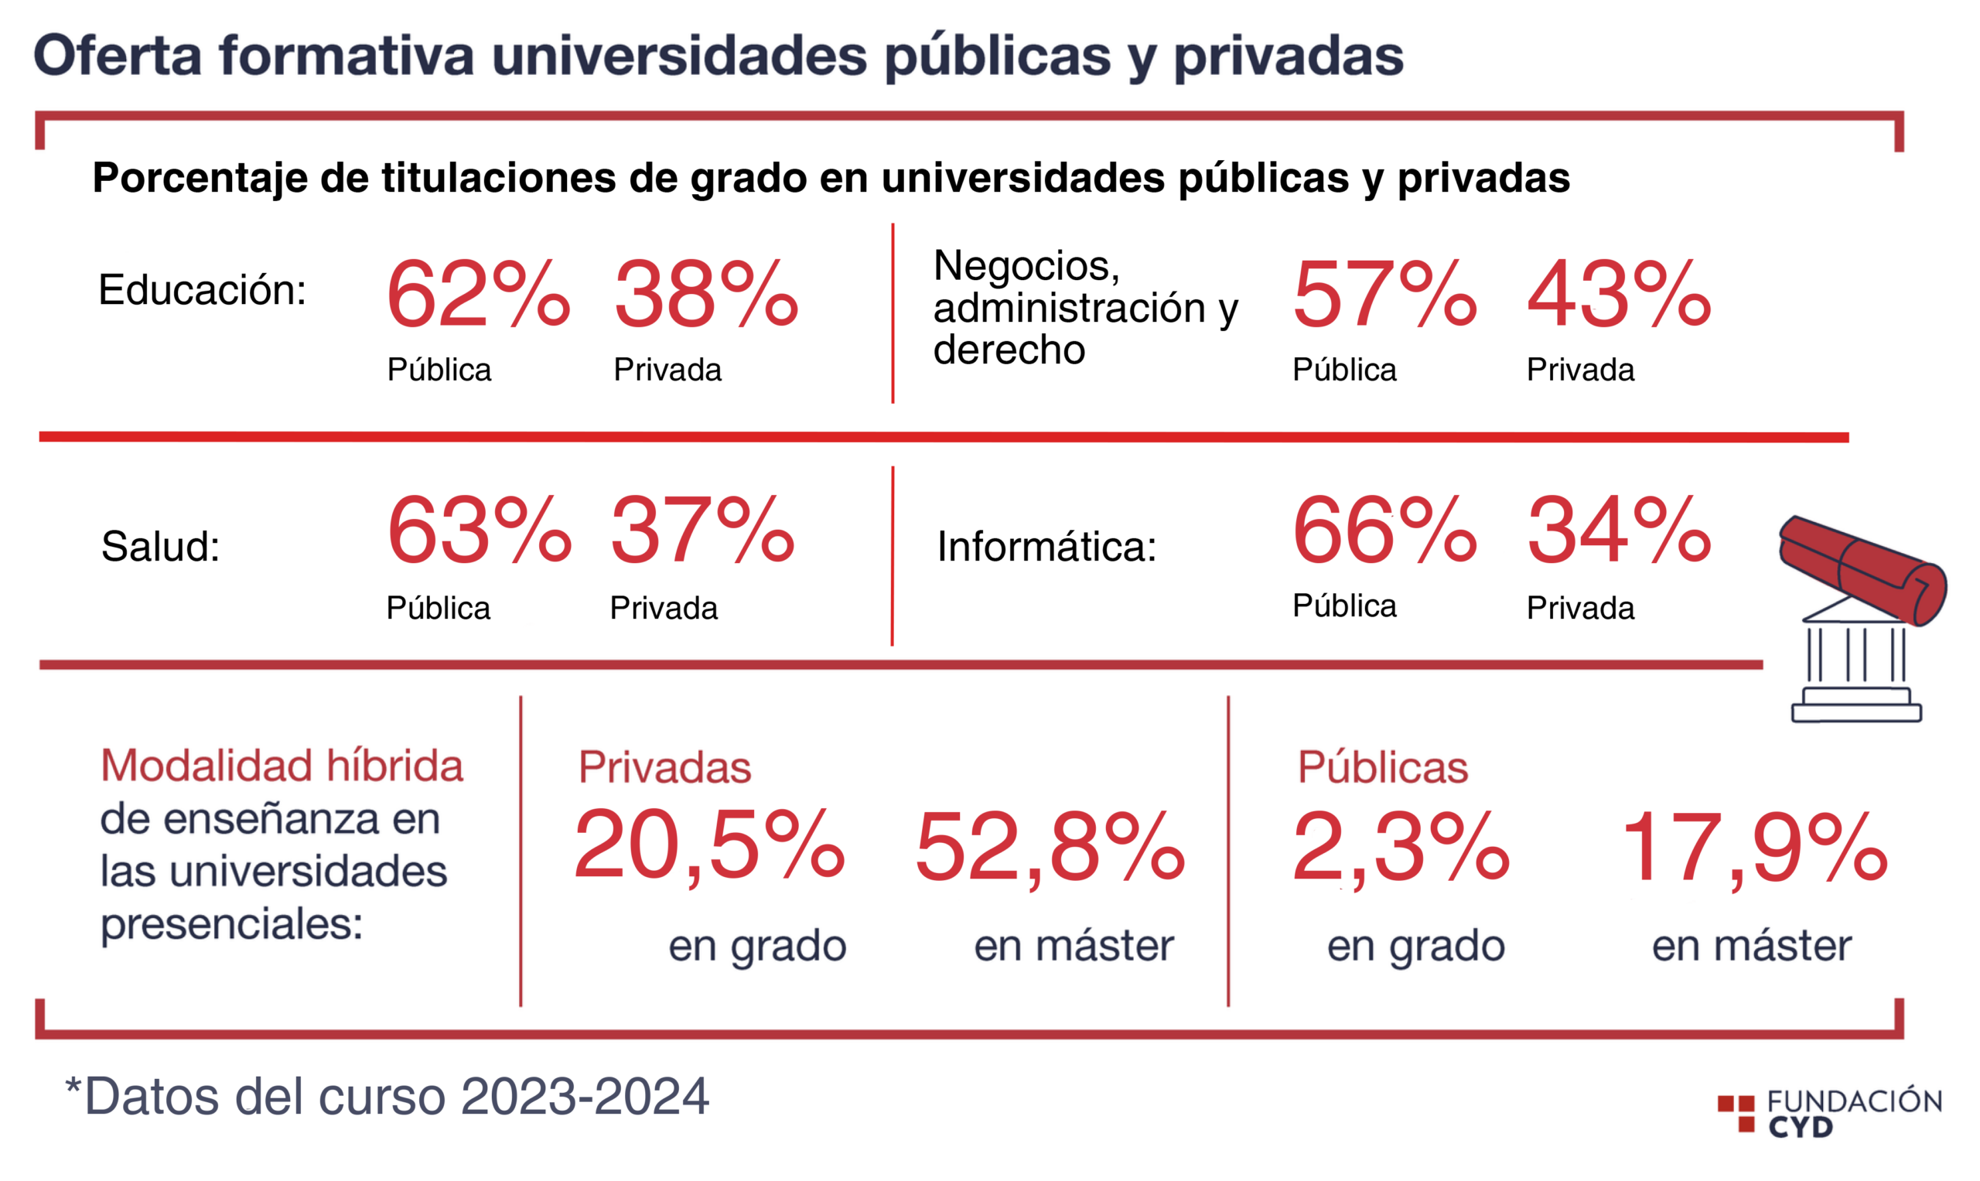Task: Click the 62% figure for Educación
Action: (479, 294)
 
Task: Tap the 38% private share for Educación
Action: (706, 294)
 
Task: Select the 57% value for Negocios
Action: (1384, 294)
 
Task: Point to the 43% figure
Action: (1619, 294)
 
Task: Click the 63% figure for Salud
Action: (479, 529)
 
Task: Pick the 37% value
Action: (703, 529)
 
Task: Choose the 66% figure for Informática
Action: (1384, 529)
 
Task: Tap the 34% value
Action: (1619, 529)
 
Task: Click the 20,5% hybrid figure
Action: (709, 847)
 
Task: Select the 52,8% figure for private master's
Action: (1050, 847)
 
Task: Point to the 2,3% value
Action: (1401, 847)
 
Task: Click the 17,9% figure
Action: (1754, 847)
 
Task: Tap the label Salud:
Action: (160, 546)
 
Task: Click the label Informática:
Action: (1046, 546)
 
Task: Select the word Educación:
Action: (202, 289)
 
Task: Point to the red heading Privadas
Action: (664, 767)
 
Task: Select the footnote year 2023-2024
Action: (585, 1096)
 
